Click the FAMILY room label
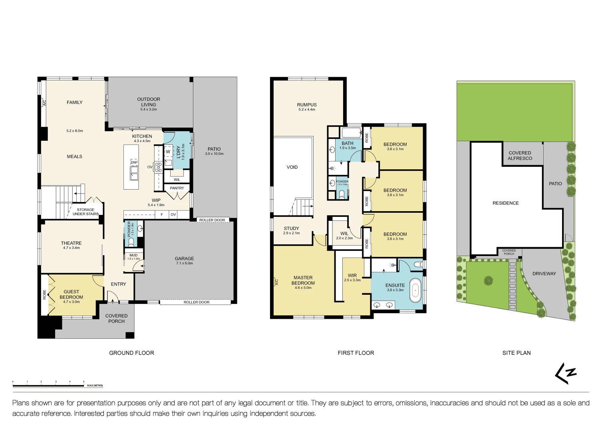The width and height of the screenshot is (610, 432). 74,102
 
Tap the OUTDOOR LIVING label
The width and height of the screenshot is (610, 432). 149,102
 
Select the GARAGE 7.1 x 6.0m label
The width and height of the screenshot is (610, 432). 184,260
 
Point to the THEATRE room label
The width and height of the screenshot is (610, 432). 71,243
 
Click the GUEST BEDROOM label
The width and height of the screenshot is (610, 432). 71,295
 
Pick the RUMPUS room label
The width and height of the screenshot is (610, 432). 306,105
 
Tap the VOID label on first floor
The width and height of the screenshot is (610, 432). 292,167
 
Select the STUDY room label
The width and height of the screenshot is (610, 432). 291,229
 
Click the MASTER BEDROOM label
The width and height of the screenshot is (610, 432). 303,280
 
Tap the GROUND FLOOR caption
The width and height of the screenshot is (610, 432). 131,353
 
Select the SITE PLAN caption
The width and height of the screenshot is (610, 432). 516,353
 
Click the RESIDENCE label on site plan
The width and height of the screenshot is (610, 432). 505,203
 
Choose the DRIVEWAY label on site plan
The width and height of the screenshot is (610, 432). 544,274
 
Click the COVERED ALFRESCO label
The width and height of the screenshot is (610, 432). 520,156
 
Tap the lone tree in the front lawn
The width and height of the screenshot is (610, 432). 488,280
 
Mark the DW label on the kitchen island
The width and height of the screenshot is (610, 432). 133,162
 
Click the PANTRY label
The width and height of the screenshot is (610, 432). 177,188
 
